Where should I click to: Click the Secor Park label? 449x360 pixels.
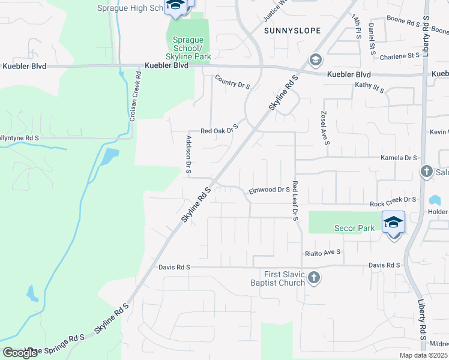(x=354, y=228)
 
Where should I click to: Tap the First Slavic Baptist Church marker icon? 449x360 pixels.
(x=314, y=277)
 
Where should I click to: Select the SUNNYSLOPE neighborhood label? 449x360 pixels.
(x=292, y=30)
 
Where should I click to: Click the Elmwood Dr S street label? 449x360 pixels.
(x=270, y=190)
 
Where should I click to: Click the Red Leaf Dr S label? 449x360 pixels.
(x=295, y=200)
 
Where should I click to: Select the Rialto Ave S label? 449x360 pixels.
(x=322, y=253)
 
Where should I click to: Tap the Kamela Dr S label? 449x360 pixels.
(x=399, y=158)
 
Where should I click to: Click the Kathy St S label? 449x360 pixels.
(x=369, y=88)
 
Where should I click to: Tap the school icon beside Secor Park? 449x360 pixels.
(x=393, y=223)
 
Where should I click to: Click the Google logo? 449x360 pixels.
(x=20, y=353)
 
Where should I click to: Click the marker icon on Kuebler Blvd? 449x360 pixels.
(x=315, y=60)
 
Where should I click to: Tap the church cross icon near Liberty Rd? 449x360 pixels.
(x=427, y=172)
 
